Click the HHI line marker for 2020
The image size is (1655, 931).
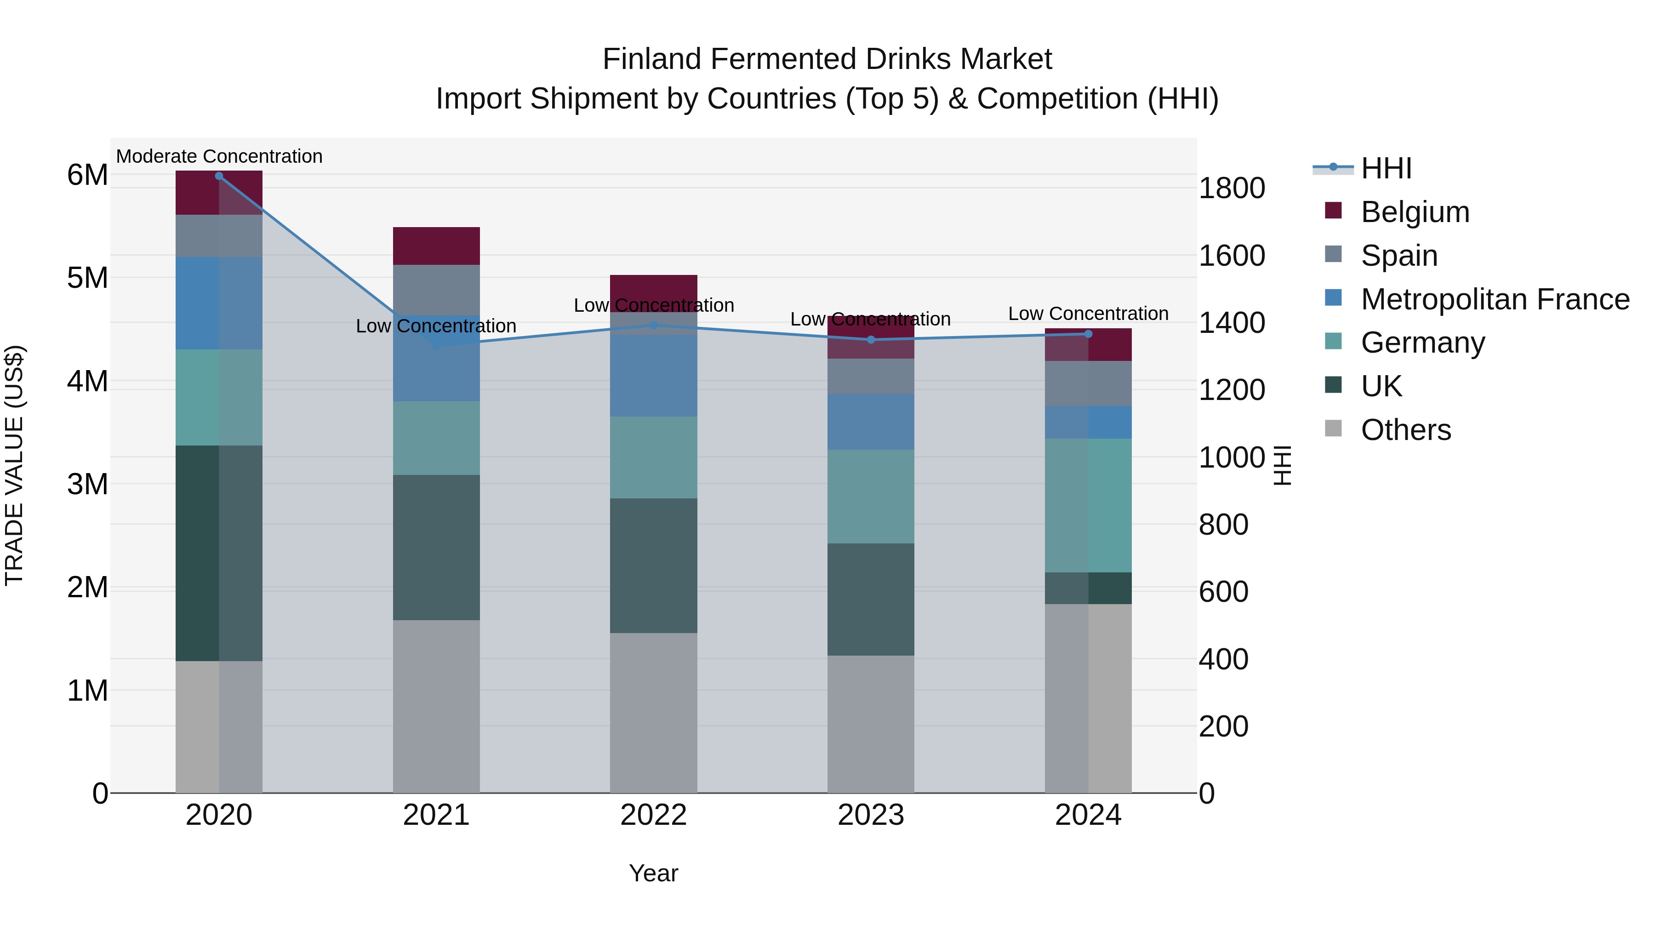click(219, 176)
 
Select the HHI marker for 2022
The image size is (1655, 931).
click(654, 325)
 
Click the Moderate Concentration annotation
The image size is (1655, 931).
click(219, 156)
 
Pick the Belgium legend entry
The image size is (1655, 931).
click(1415, 212)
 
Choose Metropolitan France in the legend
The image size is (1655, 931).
click(1495, 299)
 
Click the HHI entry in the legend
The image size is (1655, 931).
click(1386, 168)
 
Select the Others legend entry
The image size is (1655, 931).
click(1406, 430)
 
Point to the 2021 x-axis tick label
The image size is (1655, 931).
click(436, 815)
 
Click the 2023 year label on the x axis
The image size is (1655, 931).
click(871, 815)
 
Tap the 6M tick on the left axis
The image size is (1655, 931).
click(87, 175)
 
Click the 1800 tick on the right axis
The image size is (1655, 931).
click(1232, 188)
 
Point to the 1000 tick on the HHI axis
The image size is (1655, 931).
click(1232, 457)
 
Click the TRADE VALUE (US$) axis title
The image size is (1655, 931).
click(14, 465)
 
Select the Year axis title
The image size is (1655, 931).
click(653, 873)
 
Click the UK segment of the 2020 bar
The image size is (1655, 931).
click(219, 553)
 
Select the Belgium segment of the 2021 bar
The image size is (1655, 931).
click(436, 246)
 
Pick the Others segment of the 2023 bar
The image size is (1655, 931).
click(871, 724)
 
